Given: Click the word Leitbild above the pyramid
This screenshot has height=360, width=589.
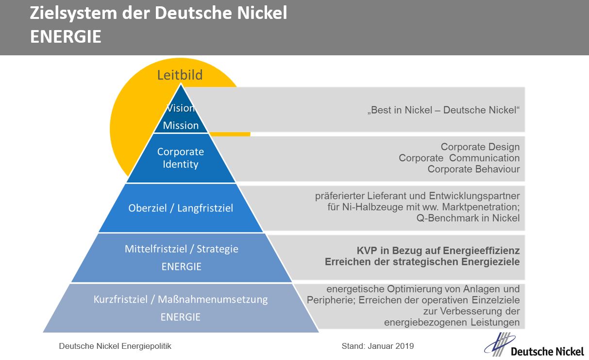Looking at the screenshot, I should (180, 75).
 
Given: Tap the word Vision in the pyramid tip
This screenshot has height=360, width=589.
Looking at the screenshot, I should (181, 108).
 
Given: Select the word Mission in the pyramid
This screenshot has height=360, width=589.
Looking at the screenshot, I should (181, 125).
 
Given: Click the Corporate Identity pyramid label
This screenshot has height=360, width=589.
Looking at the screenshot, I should (181, 158).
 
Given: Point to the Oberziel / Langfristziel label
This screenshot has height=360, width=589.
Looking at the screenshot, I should (181, 208).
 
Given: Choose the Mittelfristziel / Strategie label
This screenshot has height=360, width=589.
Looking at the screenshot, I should (182, 249).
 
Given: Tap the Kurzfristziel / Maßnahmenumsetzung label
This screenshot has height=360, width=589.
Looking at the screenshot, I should (181, 299).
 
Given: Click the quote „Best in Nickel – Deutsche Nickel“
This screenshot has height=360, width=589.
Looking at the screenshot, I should (443, 110).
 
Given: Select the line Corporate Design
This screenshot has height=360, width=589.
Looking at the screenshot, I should (480, 147).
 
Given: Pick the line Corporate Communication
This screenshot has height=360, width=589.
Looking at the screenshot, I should (459, 158).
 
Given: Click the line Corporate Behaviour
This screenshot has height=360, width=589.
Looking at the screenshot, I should (473, 169).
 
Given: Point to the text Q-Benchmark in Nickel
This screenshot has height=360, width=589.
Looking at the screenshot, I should (468, 218).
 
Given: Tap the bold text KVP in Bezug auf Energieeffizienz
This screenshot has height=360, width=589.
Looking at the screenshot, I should (438, 251).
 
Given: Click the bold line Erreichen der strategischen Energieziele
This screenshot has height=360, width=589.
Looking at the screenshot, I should (422, 262).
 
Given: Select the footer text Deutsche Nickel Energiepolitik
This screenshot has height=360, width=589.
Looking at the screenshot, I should (115, 346).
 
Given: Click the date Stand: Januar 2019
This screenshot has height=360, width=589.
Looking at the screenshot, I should (378, 346).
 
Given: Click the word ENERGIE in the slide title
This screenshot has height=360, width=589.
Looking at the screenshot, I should (66, 37).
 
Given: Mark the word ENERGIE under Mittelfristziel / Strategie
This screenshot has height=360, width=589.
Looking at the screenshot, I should (181, 266).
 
